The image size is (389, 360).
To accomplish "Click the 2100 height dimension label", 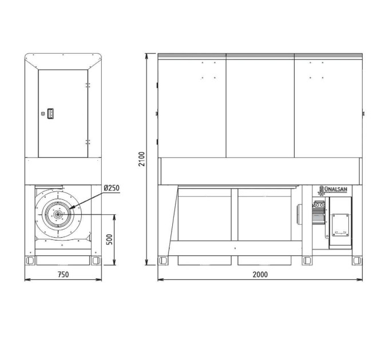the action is [x=142, y=159].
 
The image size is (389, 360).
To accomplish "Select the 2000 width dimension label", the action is [x=260, y=274].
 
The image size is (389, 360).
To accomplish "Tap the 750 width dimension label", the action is [x=63, y=274].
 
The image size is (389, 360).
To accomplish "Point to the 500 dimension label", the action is [x=109, y=239].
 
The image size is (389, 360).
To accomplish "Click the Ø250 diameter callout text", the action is [x=112, y=188].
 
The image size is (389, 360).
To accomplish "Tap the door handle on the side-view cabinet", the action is [x=50, y=114].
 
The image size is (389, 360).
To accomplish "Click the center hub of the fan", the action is [x=58, y=214].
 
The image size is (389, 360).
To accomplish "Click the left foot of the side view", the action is [x=30, y=261].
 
